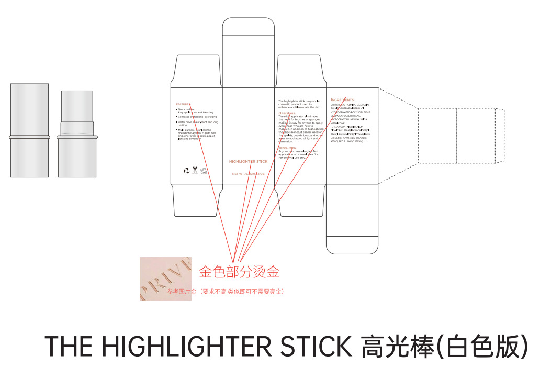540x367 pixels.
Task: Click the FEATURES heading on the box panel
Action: (x=183, y=104)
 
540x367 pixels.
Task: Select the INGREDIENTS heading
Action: (x=343, y=99)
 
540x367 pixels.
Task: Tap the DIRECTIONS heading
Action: (x=287, y=113)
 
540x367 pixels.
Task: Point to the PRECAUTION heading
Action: (x=287, y=148)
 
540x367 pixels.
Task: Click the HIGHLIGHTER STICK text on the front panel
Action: (x=249, y=161)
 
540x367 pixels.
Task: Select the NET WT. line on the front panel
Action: (x=249, y=173)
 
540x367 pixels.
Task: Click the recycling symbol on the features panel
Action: (x=186, y=170)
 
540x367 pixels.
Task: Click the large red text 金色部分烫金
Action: (x=239, y=271)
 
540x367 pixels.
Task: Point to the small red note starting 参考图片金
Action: (x=225, y=291)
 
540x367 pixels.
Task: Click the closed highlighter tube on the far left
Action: (x=29, y=130)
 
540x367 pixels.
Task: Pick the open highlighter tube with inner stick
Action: (x=78, y=134)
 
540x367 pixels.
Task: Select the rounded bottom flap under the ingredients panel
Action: (x=352, y=219)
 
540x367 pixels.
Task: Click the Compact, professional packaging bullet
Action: (x=198, y=117)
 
